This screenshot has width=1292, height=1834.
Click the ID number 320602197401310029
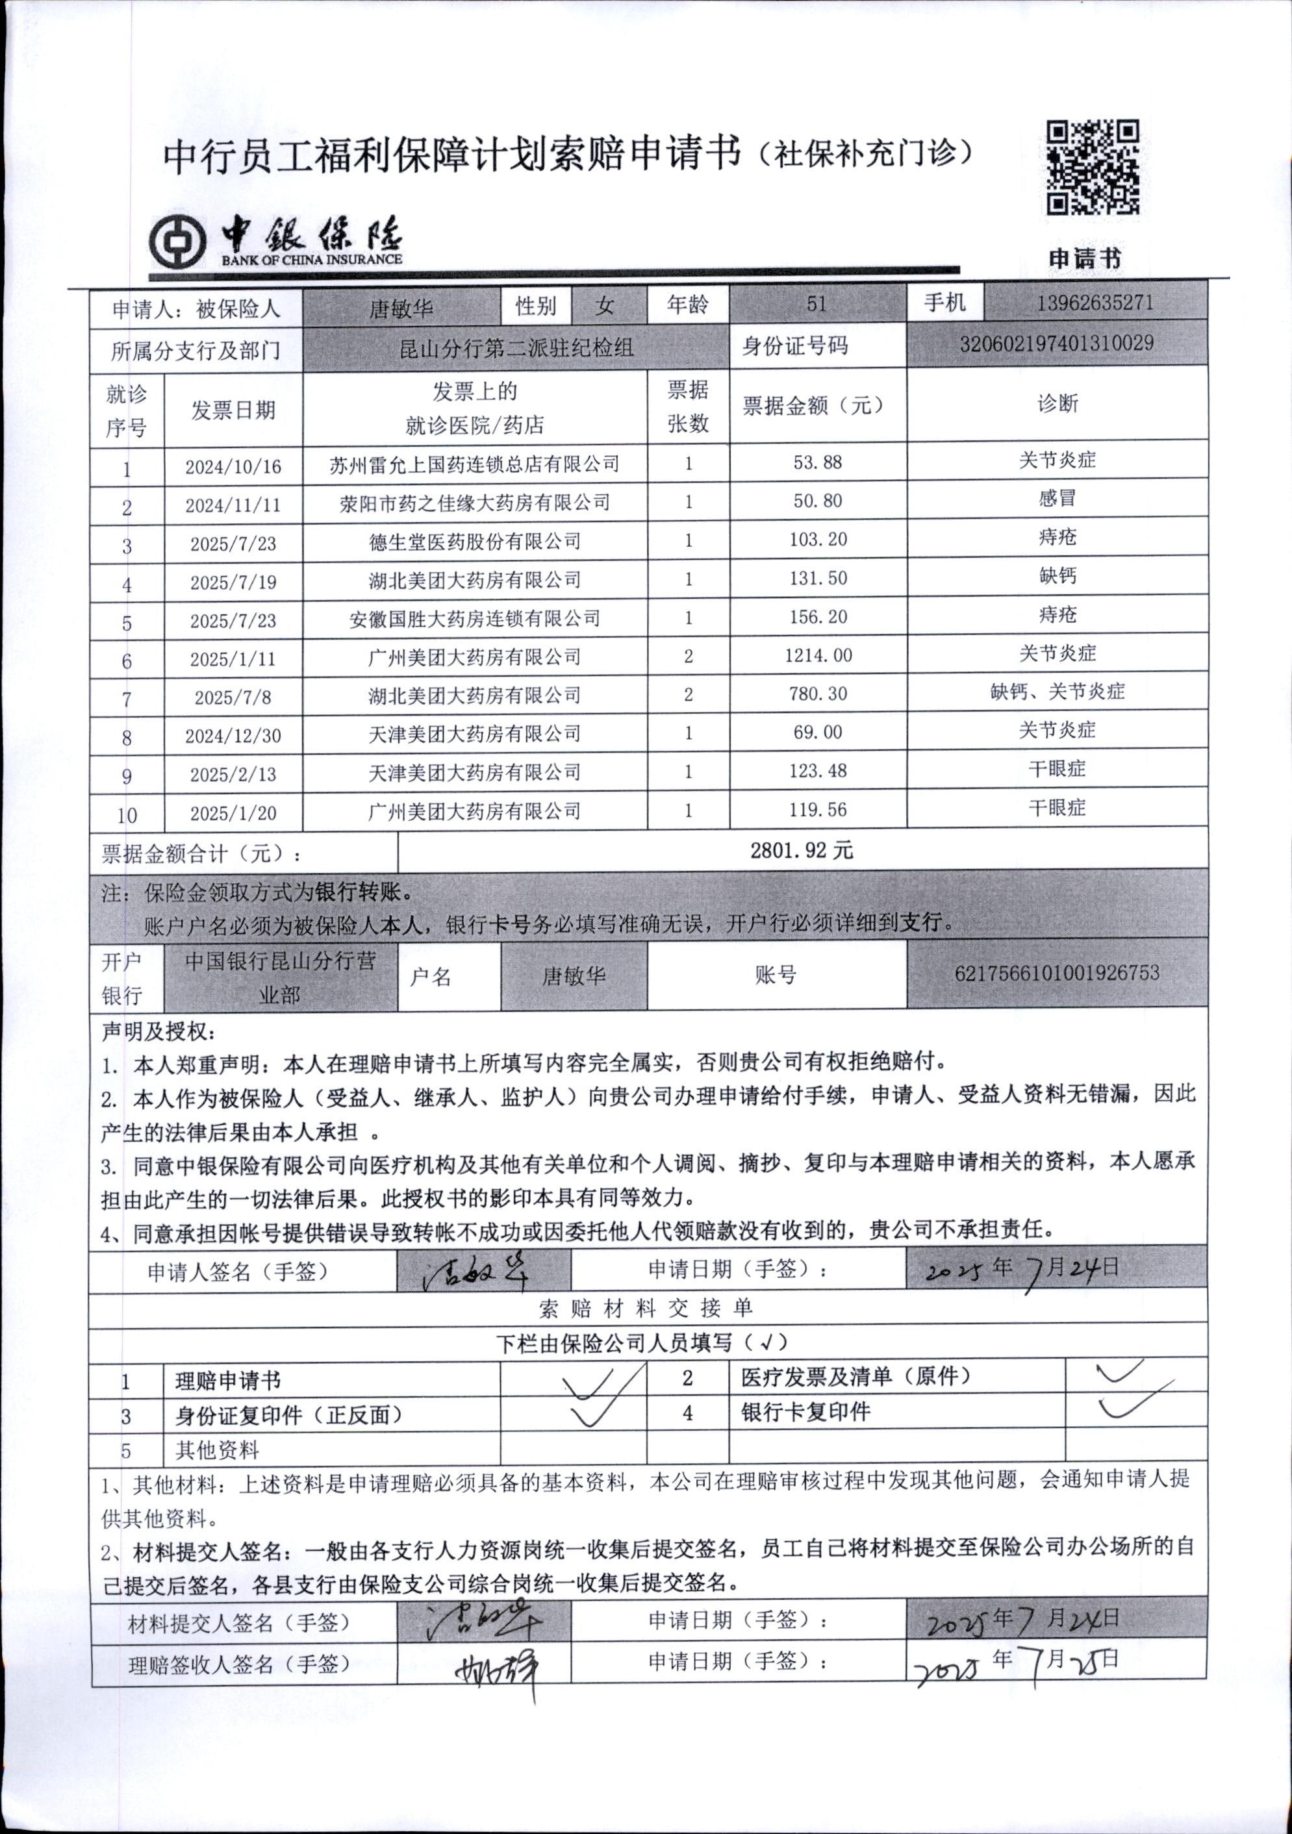pyautogui.click(x=1056, y=344)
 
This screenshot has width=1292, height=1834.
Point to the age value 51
pyautogui.click(x=816, y=305)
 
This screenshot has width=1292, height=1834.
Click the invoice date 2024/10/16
pyautogui.click(x=233, y=466)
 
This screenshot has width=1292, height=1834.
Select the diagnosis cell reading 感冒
pyautogui.click(x=1056, y=499)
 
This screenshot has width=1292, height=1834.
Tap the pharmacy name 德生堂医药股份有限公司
pyautogui.click(x=475, y=542)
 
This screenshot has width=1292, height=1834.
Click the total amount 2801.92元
pyautogui.click(x=802, y=850)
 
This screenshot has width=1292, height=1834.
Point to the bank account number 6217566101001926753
pyautogui.click(x=1056, y=973)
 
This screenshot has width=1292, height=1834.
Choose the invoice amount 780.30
pyautogui.click(x=818, y=694)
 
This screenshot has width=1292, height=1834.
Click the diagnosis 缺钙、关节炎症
pyautogui.click(x=1056, y=692)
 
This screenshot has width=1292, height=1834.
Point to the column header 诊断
pyautogui.click(x=1056, y=404)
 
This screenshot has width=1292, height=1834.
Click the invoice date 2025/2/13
pyautogui.click(x=233, y=774)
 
